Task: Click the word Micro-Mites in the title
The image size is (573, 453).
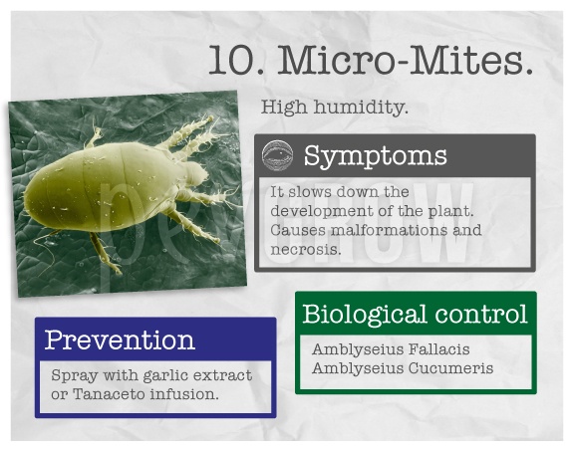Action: coord(405,60)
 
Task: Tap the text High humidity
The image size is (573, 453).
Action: coord(335,108)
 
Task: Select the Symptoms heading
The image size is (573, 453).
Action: coord(376,155)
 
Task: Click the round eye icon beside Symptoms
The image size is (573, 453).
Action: coord(277,155)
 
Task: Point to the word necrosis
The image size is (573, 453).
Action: coord(306,249)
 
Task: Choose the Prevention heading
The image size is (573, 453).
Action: coord(120,340)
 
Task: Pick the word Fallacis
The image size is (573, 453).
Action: coord(438,349)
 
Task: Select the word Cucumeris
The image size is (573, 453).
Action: coord(450,368)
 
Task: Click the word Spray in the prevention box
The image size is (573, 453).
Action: coord(75,376)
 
